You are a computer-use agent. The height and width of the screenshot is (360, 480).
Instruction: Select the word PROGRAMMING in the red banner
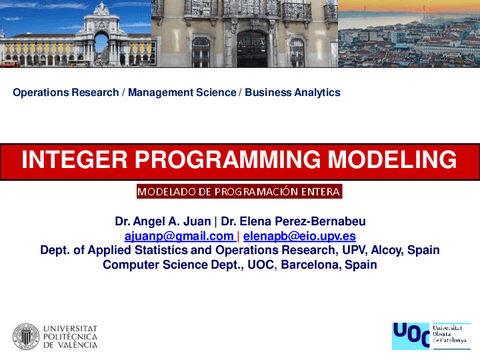pos(226,160)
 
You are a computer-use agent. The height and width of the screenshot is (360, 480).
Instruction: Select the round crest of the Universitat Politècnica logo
pos(27,337)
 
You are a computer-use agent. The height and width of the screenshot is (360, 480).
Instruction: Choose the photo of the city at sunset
pos(408,34)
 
